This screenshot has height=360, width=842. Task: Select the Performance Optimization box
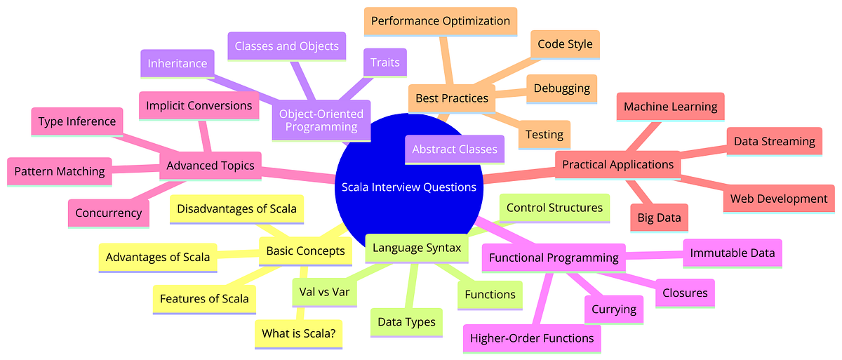coord(441,21)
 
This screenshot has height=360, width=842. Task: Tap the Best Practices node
coord(451,98)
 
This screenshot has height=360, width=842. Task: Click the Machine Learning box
coord(670,107)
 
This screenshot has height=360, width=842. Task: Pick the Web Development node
coord(779,199)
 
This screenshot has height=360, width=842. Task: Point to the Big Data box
coord(659,218)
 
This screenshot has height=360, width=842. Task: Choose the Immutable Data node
coord(733,253)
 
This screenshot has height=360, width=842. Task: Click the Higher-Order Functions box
coord(532,338)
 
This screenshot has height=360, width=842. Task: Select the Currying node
coord(613,309)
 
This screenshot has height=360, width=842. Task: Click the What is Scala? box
coord(298,334)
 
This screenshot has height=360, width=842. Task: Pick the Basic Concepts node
coord(306,251)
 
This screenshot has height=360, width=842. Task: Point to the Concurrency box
coord(108,213)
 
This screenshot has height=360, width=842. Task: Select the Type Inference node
coord(78,121)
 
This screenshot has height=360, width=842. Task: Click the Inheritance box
coord(177,63)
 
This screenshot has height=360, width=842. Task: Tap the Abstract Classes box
coord(454,149)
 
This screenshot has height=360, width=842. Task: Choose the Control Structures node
coord(554,208)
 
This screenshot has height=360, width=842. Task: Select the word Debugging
coord(561,88)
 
